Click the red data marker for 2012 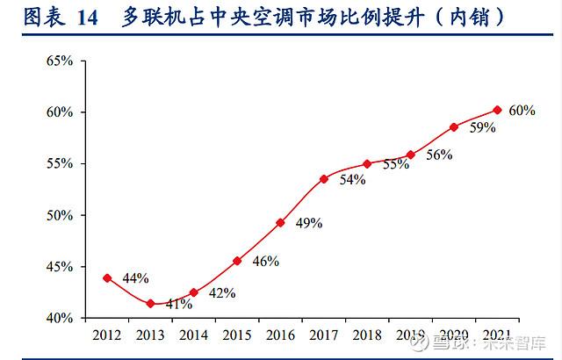click(107, 277)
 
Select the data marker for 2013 click(150, 304)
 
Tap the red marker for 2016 click(280, 222)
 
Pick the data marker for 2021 click(497, 110)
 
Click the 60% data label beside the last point click(522, 111)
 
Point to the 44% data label click(134, 278)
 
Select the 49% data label click(308, 223)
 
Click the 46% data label click(265, 261)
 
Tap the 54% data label click(352, 179)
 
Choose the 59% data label click(483, 127)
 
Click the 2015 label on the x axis click(237, 335)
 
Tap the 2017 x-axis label click(324, 335)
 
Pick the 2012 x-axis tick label click(107, 335)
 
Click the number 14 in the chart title click(87, 17)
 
